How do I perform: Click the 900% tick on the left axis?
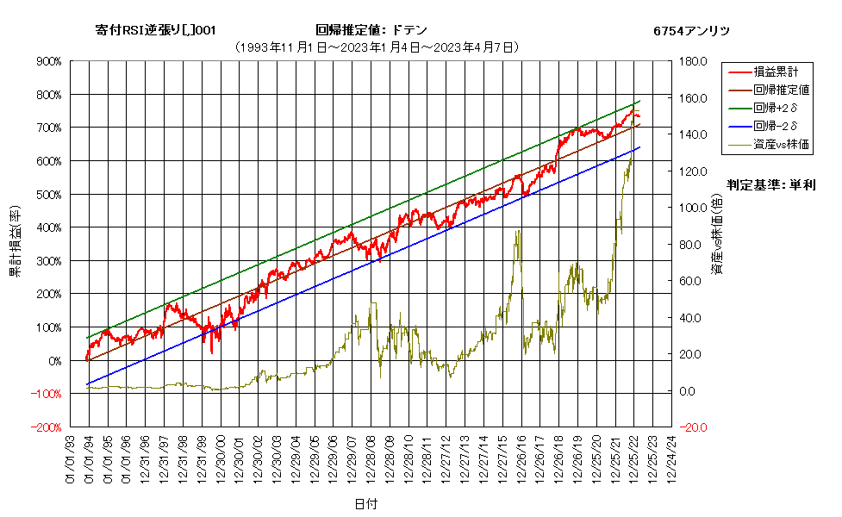coord(49,61)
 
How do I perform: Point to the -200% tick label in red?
coord(47,427)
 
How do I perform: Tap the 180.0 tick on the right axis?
coord(693,61)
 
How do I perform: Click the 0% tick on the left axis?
coord(55,361)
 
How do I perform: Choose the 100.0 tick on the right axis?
coord(693,208)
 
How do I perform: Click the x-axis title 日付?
coord(366,504)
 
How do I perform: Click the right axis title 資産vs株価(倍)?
coord(717,234)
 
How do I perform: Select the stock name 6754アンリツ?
coord(692,31)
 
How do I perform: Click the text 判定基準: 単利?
coord(771,185)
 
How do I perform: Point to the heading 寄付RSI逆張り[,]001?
coord(156,30)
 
